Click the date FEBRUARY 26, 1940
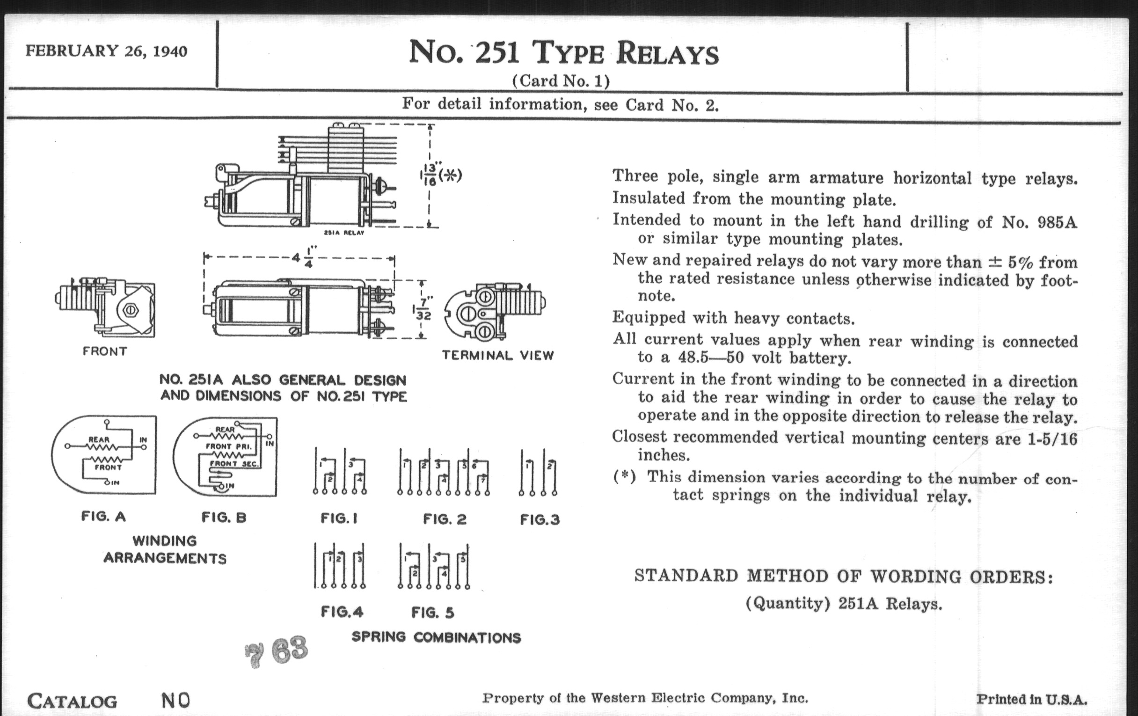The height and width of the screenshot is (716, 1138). (106, 51)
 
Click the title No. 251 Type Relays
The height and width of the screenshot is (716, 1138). (563, 52)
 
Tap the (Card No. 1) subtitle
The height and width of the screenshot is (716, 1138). (561, 81)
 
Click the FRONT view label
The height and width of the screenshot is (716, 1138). (105, 351)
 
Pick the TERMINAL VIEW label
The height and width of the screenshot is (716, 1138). (497, 355)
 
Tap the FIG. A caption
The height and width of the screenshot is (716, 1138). (103, 516)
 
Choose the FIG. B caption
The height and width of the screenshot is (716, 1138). (224, 517)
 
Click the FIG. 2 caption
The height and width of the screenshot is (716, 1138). (445, 519)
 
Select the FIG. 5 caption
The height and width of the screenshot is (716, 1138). (433, 613)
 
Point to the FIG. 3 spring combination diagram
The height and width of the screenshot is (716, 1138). (538, 472)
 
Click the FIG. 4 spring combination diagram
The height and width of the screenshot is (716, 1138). (339, 565)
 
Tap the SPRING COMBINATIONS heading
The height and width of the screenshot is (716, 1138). (436, 637)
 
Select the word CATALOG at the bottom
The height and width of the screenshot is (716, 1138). (73, 701)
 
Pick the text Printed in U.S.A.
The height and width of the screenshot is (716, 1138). (1032, 700)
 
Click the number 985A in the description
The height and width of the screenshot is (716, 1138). (1057, 222)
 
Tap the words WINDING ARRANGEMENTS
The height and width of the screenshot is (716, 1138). (165, 549)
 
